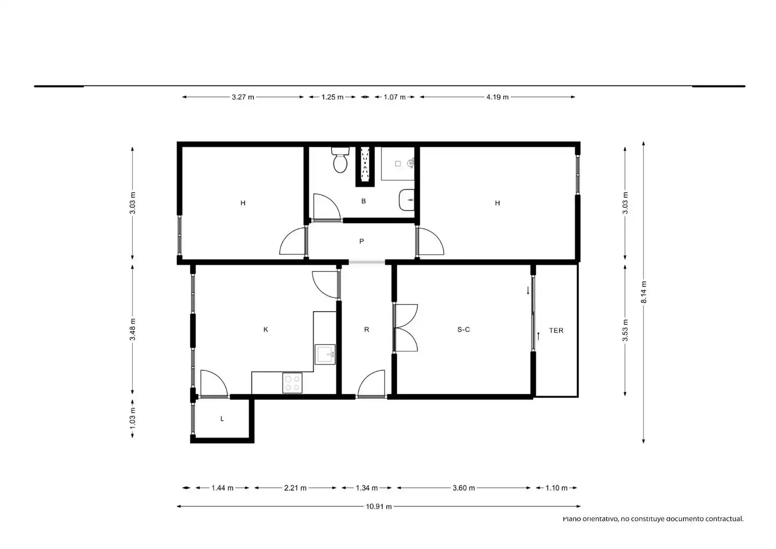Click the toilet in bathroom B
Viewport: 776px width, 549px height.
point(340,160)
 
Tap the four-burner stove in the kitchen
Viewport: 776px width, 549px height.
point(292,383)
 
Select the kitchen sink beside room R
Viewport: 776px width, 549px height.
point(325,354)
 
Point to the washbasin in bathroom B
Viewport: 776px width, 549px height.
point(407,200)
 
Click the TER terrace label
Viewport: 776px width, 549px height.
point(556,330)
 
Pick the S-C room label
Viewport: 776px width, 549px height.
point(464,329)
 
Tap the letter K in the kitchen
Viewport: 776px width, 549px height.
point(266,329)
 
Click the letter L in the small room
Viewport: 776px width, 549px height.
point(222,418)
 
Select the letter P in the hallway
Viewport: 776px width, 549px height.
point(362,241)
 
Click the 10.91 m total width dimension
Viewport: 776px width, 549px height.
point(379,506)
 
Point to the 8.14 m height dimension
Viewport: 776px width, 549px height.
point(643,292)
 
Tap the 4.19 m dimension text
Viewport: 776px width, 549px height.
point(498,97)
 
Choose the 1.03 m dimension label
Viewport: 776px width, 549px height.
point(133,418)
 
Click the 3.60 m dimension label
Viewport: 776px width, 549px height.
point(464,488)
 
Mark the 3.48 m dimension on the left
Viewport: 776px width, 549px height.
point(133,329)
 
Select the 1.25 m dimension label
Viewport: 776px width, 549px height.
point(332,97)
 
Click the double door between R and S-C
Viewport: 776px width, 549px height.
point(406,328)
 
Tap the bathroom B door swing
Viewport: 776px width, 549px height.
point(327,207)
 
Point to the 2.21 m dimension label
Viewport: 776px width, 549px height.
point(295,488)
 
